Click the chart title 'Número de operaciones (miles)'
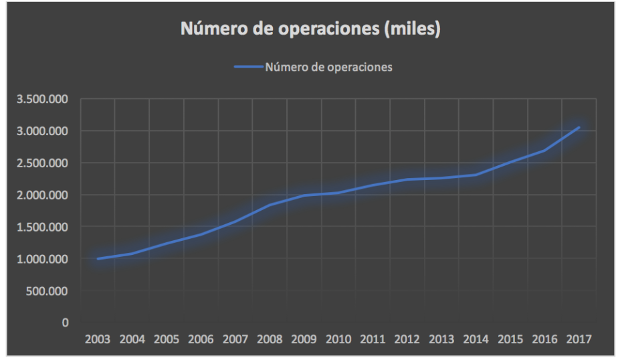(x=310, y=30)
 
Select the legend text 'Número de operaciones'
(x=328, y=67)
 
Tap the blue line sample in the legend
(x=248, y=67)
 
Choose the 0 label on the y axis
(x=65, y=323)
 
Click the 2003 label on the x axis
(x=98, y=339)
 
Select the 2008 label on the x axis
(x=270, y=339)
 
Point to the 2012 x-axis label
(x=407, y=339)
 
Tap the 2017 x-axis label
(x=579, y=339)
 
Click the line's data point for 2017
(x=579, y=127)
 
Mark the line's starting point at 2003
(x=98, y=258)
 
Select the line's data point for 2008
(x=270, y=205)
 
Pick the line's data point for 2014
(x=476, y=175)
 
